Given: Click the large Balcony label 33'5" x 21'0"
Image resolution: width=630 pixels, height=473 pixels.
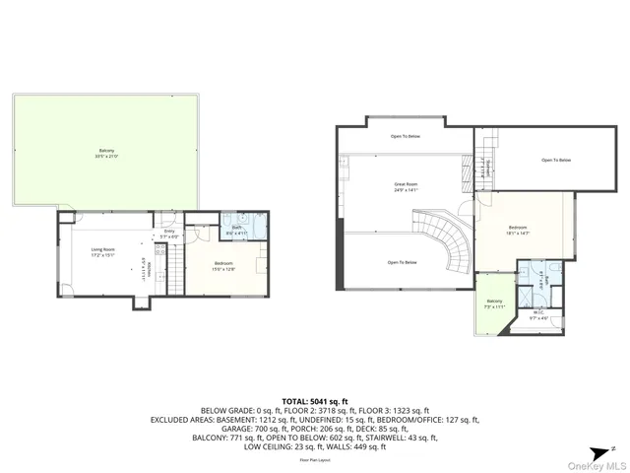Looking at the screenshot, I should [106, 153].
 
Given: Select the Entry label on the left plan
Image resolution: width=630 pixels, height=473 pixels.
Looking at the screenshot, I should [169, 234].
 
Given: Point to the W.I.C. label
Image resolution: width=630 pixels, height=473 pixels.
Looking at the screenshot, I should [537, 315].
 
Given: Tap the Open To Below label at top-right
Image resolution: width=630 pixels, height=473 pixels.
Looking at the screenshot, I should [556, 160].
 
